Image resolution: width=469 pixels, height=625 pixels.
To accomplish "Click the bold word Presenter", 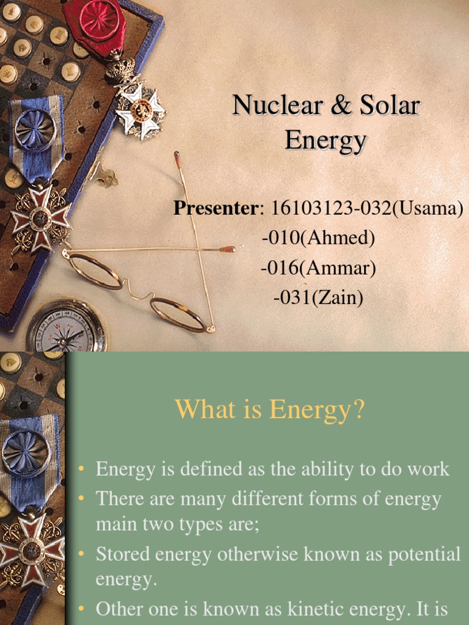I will (216, 209).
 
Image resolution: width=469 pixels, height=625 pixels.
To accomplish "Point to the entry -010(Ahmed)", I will (318, 238).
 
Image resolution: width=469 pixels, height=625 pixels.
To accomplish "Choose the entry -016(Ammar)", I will (318, 268).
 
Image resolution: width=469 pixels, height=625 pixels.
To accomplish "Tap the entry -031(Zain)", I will (318, 298).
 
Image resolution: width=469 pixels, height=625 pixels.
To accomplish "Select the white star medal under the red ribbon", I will (141, 110).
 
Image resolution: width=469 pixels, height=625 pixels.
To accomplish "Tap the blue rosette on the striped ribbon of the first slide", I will (35, 129).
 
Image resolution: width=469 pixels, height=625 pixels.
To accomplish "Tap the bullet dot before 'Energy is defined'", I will (82, 469).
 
